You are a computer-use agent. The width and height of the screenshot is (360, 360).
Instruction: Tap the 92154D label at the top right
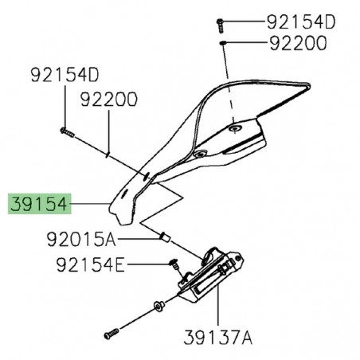coord(279,18)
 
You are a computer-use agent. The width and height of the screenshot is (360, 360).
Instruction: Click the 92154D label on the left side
coord(65,76)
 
